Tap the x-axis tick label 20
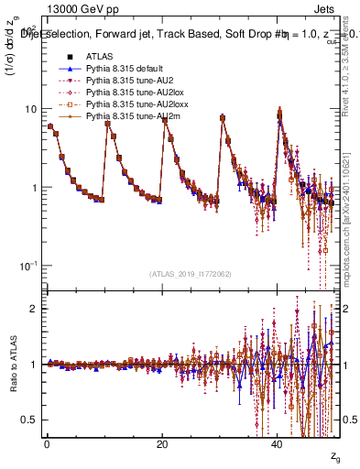point(162,444)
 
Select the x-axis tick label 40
point(278,444)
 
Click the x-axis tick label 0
point(47,444)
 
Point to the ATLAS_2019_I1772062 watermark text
point(191,273)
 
